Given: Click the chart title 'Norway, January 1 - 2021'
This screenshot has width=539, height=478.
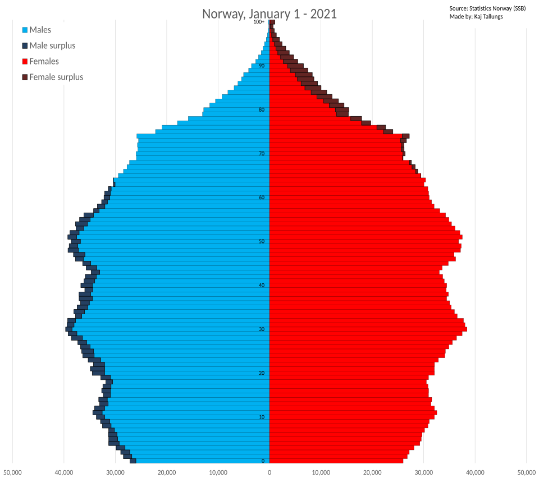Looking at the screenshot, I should coord(269,13).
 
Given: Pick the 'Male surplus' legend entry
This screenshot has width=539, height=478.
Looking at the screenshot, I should coord(52,45).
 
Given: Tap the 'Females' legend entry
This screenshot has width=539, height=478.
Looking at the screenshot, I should coord(44,61).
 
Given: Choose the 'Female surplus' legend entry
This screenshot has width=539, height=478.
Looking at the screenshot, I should coord(56,77).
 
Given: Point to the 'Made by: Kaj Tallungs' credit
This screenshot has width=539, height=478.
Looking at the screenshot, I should coord(476,16).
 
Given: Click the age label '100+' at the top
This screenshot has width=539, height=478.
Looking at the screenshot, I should coord(259,22).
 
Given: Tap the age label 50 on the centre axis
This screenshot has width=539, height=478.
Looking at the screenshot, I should coord(262,242).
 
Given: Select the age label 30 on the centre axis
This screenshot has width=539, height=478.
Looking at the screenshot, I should coord(262,329).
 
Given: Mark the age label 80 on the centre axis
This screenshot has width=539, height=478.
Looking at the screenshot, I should coord(262,110).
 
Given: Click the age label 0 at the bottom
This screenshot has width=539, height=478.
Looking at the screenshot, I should coord(262,461).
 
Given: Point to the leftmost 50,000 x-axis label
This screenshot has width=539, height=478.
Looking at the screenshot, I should coord(12,472).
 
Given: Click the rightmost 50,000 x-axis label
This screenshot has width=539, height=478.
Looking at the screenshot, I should coord(526,472).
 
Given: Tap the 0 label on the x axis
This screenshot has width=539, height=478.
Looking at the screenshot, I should coord(269,472).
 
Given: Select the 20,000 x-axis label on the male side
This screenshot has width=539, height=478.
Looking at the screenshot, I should coord(167,472).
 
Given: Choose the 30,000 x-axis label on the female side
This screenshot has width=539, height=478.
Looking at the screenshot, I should coord(423,472).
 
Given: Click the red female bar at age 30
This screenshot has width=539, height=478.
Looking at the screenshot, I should coord(365,329).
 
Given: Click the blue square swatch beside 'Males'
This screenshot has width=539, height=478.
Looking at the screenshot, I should coord(25,30).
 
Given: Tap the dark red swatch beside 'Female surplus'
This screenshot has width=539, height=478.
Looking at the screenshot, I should coord(25,77).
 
